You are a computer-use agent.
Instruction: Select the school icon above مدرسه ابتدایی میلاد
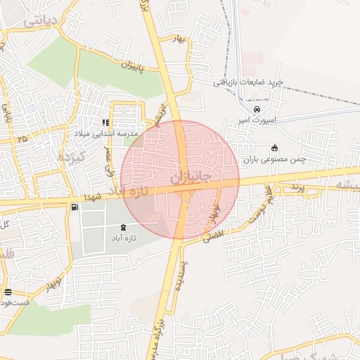[x=106, y=122]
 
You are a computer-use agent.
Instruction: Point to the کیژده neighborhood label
[x=72, y=155]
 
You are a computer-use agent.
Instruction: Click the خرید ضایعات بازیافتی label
[x=249, y=83]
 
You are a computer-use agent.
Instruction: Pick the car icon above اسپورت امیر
[x=257, y=110]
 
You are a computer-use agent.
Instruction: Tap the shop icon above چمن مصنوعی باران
[x=274, y=148]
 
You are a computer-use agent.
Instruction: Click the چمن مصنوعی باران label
[x=274, y=160]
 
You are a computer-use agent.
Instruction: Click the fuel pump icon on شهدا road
[x=75, y=207]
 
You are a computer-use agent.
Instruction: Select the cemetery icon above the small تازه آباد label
[x=124, y=227]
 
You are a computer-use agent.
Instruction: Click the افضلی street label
[x=216, y=235]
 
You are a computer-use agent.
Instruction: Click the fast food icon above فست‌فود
[x=8, y=292]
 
